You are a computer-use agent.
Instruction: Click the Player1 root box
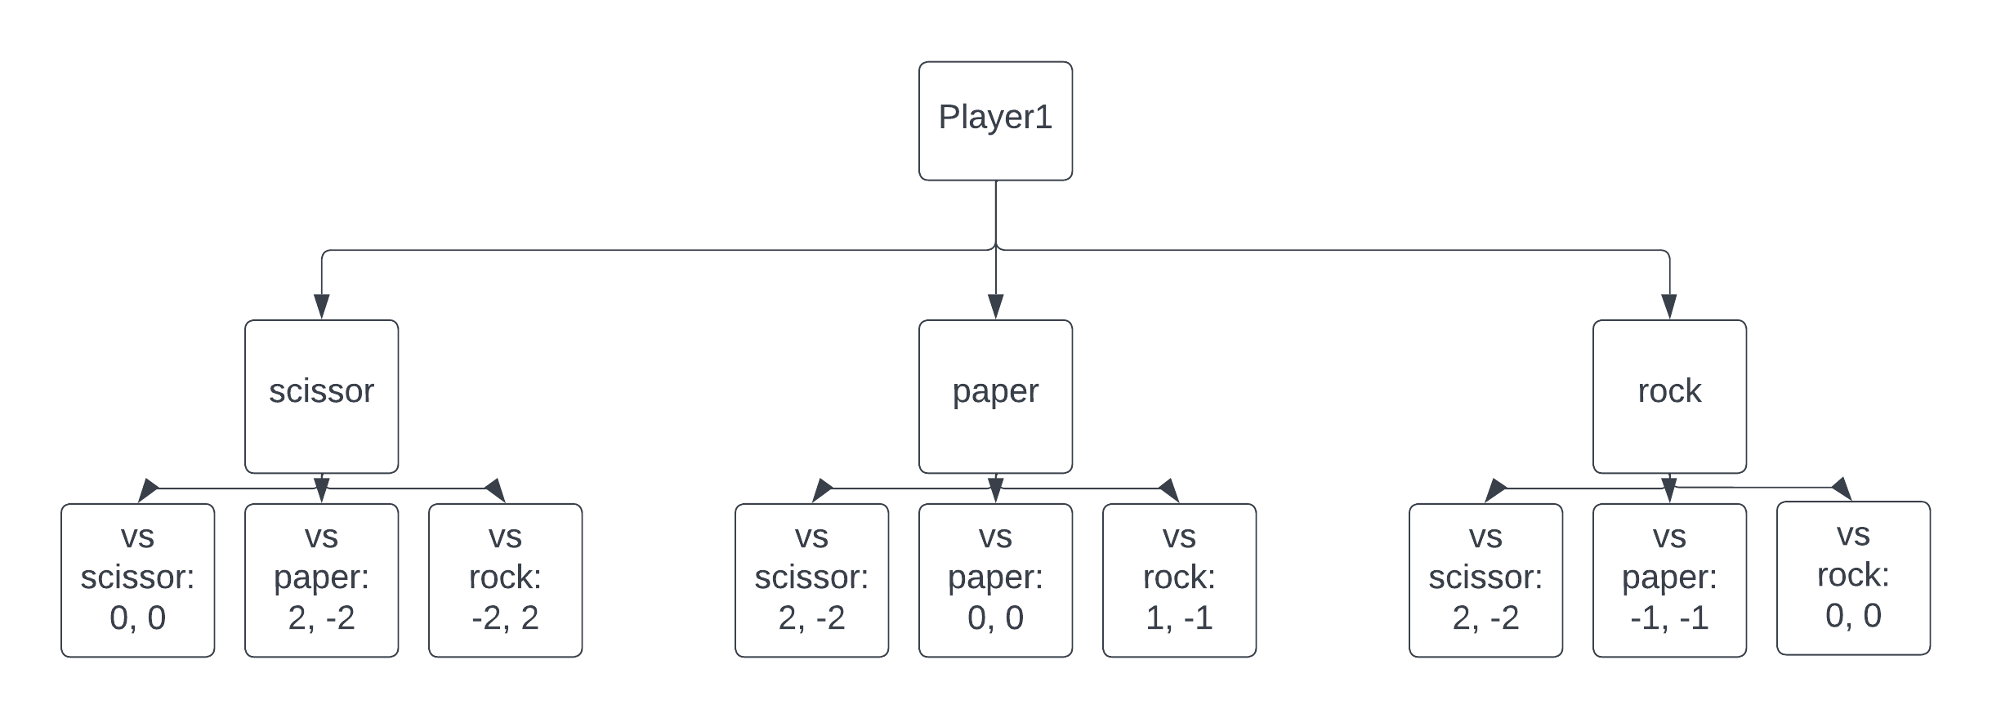coord(994,121)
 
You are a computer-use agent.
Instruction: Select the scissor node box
coord(321,396)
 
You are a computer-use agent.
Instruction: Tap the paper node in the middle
coord(994,396)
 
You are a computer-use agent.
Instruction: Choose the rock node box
coord(1668,396)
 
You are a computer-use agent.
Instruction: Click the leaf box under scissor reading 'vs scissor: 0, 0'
coord(137,580)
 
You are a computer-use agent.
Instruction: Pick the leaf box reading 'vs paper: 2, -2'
coord(321,580)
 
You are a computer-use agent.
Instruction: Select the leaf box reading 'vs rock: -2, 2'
coord(505,580)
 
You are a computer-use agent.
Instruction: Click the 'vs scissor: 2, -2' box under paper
coord(811,580)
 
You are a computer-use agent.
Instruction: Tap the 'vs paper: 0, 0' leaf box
coord(994,580)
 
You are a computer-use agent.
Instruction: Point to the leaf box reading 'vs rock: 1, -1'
coord(1178,580)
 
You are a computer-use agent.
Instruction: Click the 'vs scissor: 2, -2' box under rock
coord(1485,580)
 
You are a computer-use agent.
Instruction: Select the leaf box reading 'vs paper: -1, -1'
coord(1668,580)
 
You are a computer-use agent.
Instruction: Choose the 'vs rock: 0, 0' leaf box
coord(1852,578)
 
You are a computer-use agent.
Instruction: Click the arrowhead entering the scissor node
coord(321,307)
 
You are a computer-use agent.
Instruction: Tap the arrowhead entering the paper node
coord(994,307)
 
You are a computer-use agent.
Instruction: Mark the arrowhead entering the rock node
coord(1668,307)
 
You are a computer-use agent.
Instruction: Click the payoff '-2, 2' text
coord(505,618)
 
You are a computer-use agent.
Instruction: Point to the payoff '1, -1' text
coord(1178,618)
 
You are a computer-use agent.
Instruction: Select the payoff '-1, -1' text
coord(1668,618)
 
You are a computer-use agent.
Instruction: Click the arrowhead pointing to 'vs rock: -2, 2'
coord(497,491)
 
